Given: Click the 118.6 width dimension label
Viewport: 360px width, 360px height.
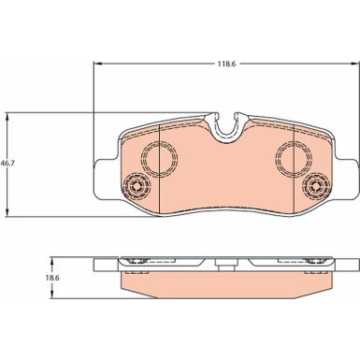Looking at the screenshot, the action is click(x=226, y=64).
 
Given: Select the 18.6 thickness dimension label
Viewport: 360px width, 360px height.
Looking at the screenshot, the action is click(x=54, y=278).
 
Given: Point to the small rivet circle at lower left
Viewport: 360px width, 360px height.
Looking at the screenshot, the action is click(x=137, y=187).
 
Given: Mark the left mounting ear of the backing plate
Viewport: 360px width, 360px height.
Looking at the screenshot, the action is click(x=106, y=179).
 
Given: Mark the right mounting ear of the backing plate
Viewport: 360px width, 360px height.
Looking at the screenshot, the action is click(x=347, y=179).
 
